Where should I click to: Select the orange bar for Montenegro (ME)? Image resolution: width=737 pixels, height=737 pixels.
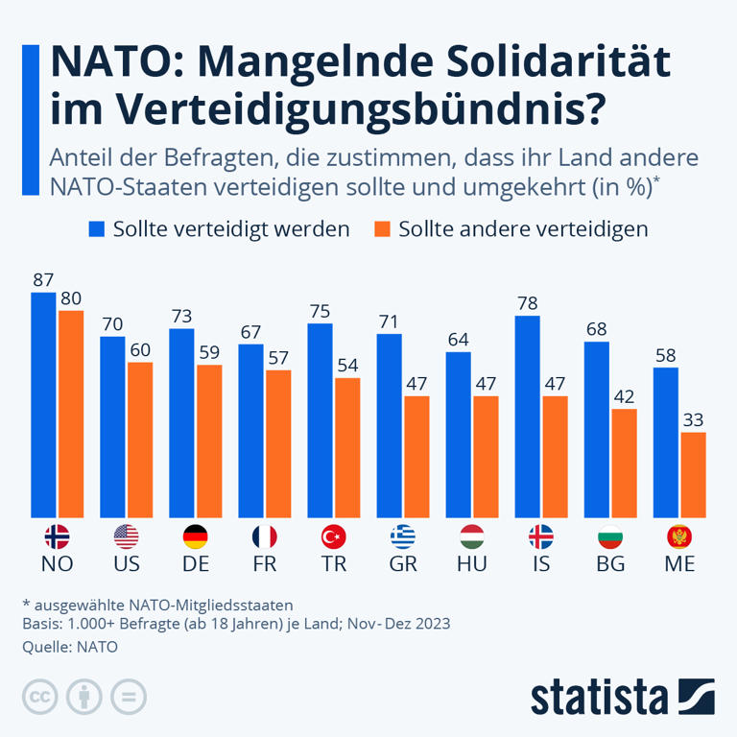click(693, 475)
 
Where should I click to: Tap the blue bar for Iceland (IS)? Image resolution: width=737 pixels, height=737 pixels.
click(527, 416)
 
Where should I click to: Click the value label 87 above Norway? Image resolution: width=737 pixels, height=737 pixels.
click(43, 280)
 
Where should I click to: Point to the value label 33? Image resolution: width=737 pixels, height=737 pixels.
click(693, 419)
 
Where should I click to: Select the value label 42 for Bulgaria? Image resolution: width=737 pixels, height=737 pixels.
click(624, 396)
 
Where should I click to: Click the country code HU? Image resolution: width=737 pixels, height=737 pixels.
click(472, 564)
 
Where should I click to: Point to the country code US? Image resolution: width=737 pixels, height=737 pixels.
click(127, 564)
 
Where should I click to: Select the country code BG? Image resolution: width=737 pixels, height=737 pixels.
click(610, 564)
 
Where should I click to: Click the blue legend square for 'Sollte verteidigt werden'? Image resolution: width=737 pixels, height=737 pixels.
click(97, 229)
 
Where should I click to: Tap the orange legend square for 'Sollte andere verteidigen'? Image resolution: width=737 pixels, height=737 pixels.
click(383, 229)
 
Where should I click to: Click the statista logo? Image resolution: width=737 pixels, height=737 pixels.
click(622, 696)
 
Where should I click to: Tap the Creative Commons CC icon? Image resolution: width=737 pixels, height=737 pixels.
click(38, 696)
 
